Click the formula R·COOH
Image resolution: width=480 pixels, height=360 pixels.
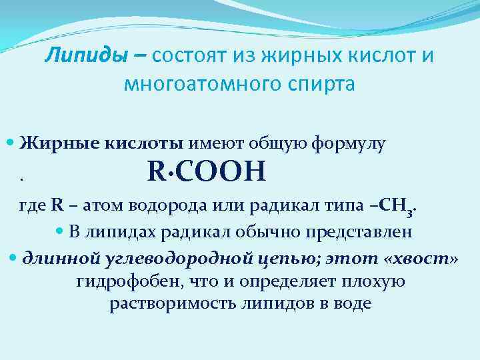coord(207,172)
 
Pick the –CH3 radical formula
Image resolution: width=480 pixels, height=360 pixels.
coord(397,207)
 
